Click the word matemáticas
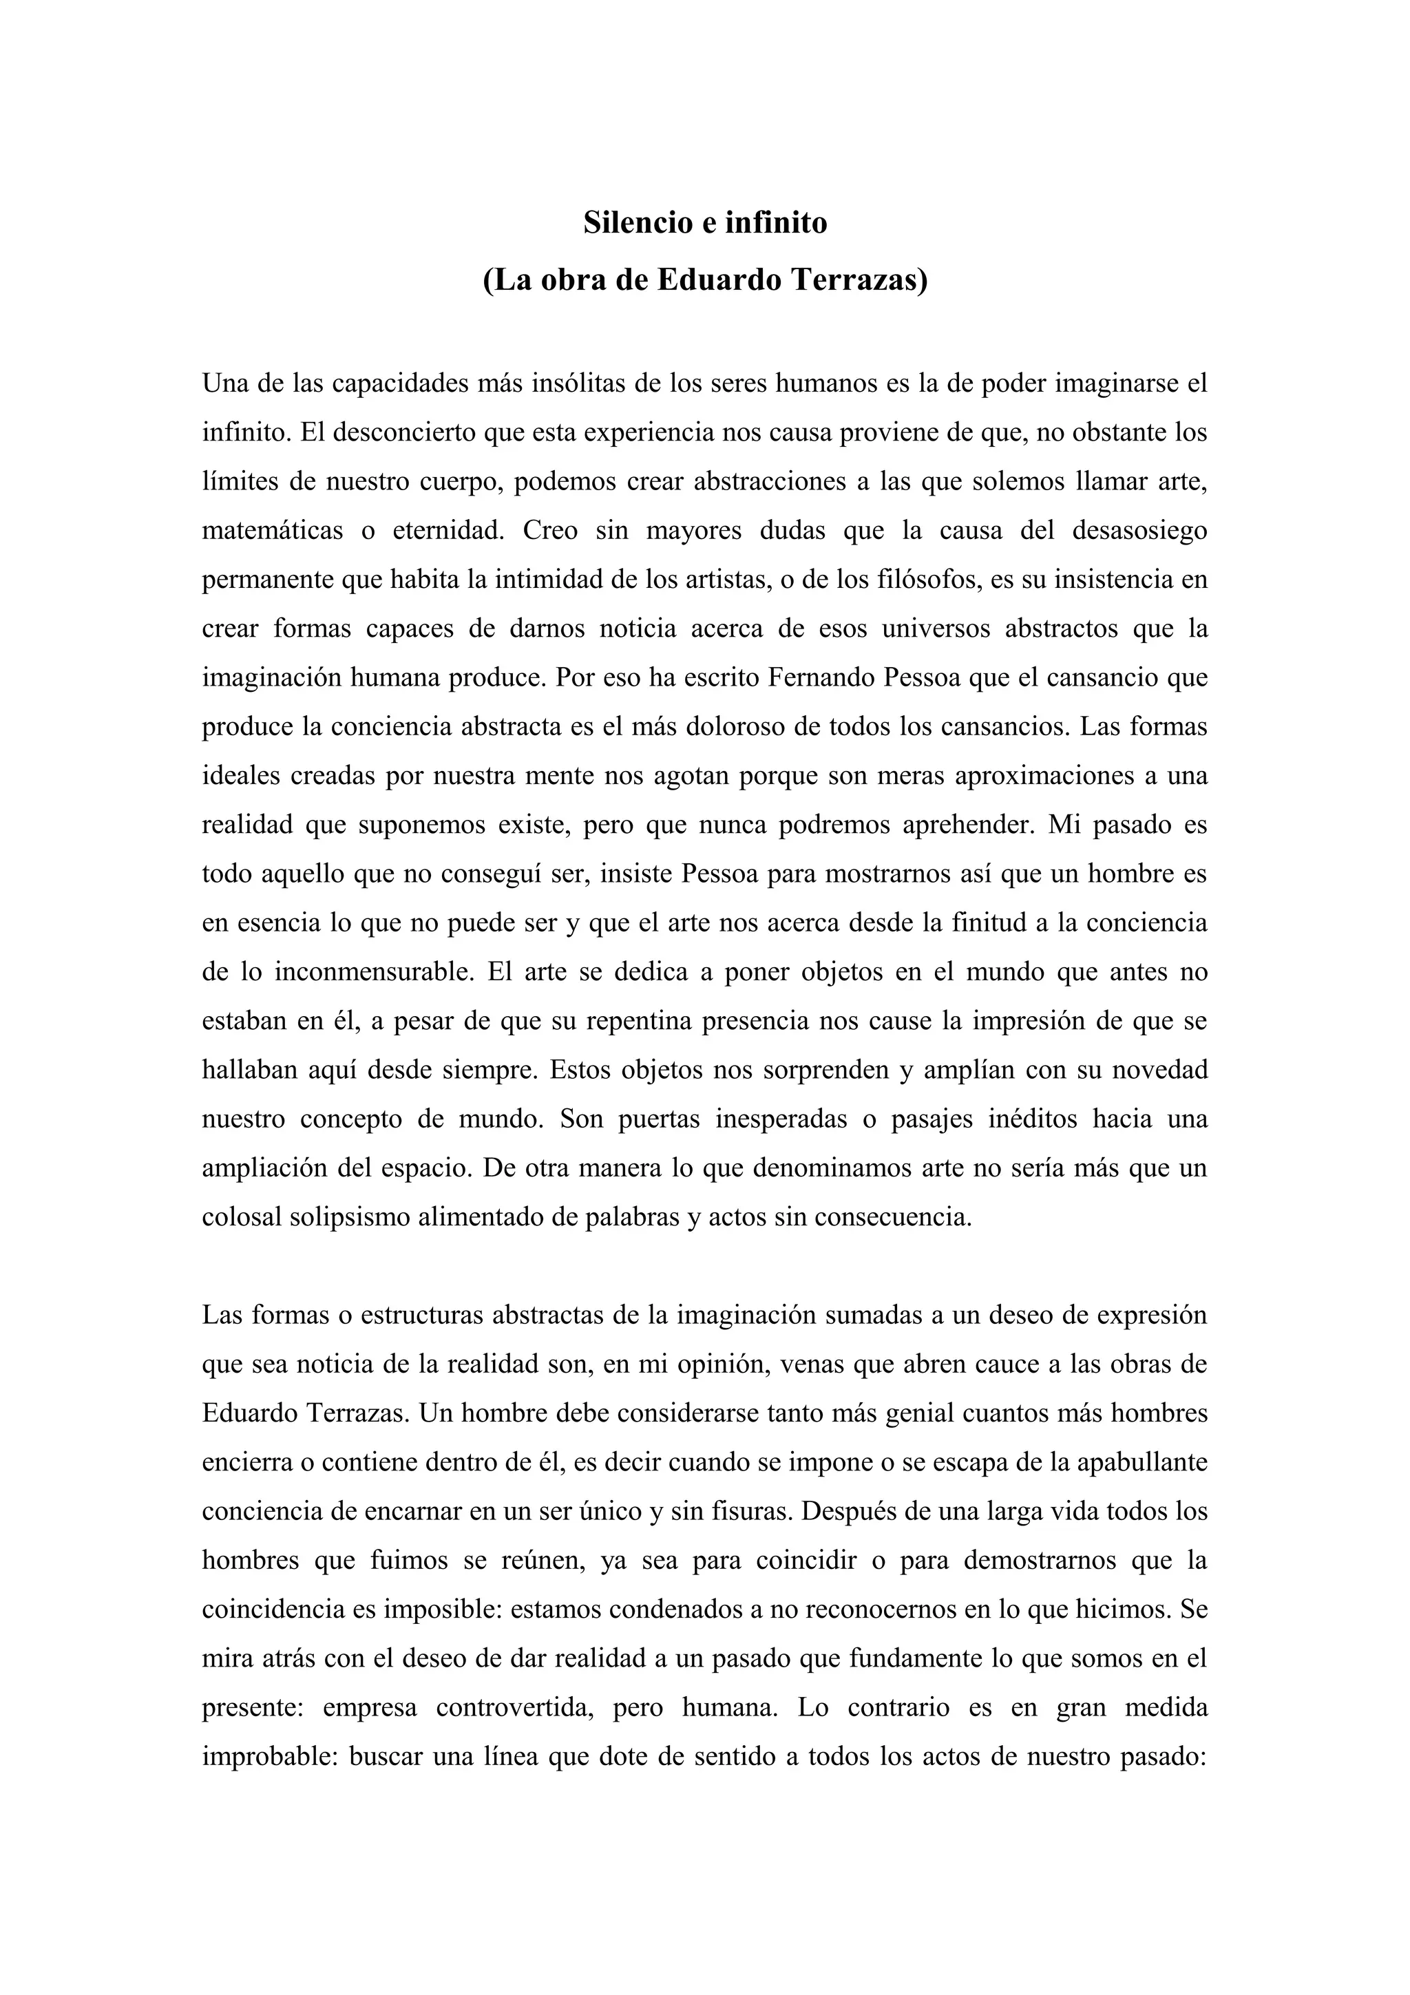(272, 530)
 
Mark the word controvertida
(515, 1707)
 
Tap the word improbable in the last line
(269, 1756)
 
